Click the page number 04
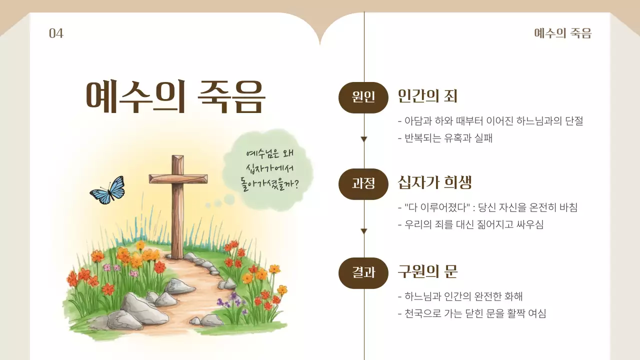[x=56, y=33]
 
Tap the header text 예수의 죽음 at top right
[x=562, y=33]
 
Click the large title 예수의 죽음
[x=175, y=96]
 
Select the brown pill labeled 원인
[x=363, y=97]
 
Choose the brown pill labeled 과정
[x=363, y=184]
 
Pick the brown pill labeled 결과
[x=363, y=272]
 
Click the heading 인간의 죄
[x=427, y=96]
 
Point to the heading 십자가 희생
[x=434, y=182]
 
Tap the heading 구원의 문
[x=427, y=271]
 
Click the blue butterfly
[x=107, y=190]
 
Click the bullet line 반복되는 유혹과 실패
[x=445, y=138]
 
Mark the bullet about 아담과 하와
[x=490, y=121]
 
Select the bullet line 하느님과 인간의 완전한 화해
[x=460, y=296]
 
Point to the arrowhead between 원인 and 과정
[x=364, y=139]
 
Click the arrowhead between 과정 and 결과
[x=364, y=231]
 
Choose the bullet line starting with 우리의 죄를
[x=470, y=224]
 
